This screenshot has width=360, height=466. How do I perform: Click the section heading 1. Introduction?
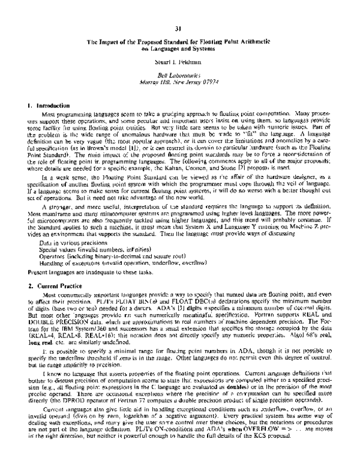(x=49, y=105)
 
